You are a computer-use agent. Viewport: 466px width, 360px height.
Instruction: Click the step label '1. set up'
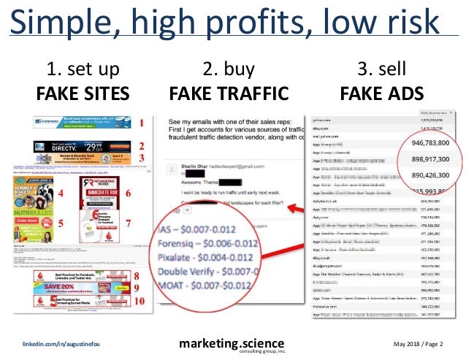(x=83, y=71)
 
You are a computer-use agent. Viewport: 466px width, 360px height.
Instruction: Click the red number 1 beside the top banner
(x=142, y=124)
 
